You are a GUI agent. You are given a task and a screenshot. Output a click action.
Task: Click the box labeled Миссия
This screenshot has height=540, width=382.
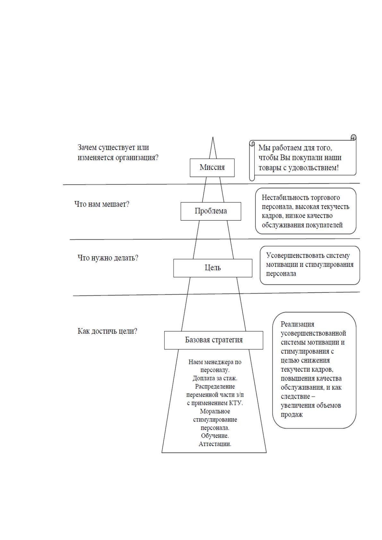point(212,167)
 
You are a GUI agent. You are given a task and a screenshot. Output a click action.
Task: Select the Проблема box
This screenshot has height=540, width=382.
point(211,211)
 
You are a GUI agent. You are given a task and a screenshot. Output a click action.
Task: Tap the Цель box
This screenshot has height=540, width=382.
point(213,268)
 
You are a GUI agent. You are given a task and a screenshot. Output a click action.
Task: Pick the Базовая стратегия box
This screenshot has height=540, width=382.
point(214,340)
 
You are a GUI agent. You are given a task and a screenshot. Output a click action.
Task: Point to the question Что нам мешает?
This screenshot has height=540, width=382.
point(102,204)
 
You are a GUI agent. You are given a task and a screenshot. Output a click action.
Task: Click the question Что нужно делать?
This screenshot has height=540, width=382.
point(108,258)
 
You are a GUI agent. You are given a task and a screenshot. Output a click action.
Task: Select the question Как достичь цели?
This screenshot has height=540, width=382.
point(107,331)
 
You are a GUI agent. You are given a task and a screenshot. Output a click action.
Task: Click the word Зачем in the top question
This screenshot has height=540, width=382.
point(87,147)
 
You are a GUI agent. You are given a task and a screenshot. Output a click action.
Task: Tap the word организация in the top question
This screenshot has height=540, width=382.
point(137,158)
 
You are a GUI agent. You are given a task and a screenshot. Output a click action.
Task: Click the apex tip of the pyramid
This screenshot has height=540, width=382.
point(213,137)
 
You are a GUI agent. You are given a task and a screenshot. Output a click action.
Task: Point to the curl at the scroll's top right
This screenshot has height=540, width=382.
point(353,138)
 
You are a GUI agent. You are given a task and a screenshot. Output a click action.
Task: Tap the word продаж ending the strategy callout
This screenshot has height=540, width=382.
point(292,415)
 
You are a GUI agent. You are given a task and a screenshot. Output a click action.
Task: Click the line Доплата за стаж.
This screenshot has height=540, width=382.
point(215,378)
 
